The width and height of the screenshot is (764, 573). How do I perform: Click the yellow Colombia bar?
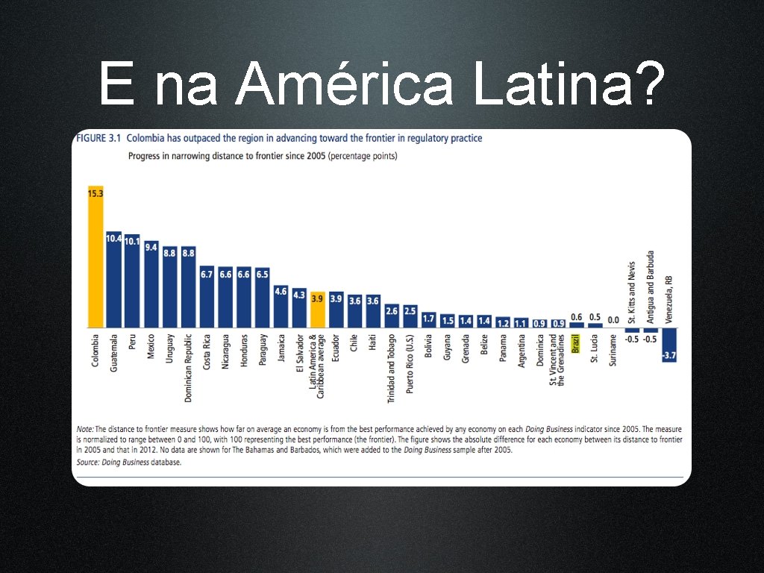95,257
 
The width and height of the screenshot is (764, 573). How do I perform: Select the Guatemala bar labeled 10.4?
114,280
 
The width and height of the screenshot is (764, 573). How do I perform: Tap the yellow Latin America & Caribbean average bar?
318,310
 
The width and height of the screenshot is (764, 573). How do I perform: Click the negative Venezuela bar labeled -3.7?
669,345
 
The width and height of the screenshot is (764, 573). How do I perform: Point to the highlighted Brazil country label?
576,343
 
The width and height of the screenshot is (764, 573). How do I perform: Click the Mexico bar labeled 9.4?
151,284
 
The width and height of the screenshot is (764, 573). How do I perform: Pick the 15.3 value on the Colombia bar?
95,193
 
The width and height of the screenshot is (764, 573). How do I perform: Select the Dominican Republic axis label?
188,369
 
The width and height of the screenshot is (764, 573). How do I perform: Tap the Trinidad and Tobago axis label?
391,369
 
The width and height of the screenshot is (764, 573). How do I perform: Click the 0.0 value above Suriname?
613,320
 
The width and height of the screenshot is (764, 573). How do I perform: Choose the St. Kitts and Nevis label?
632,292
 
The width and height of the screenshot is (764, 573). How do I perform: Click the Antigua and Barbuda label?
651,287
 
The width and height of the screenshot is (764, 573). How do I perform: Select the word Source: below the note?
88,462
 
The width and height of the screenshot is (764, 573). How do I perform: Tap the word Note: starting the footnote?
85,429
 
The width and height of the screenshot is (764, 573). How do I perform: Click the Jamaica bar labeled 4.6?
281,307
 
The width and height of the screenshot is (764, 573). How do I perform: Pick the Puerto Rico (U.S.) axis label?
410,364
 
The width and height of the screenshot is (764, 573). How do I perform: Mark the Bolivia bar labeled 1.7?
429,320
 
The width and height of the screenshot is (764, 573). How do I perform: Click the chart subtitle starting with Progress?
263,157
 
